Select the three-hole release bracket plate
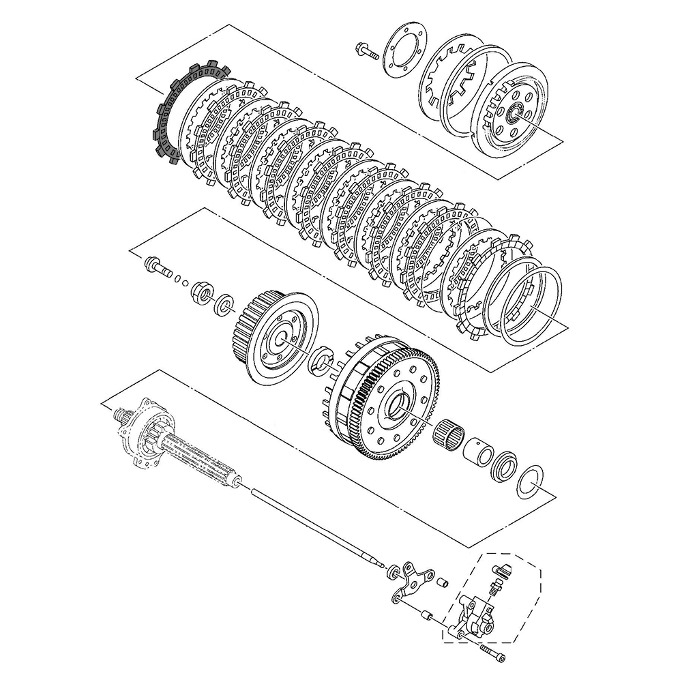coord(413,580)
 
